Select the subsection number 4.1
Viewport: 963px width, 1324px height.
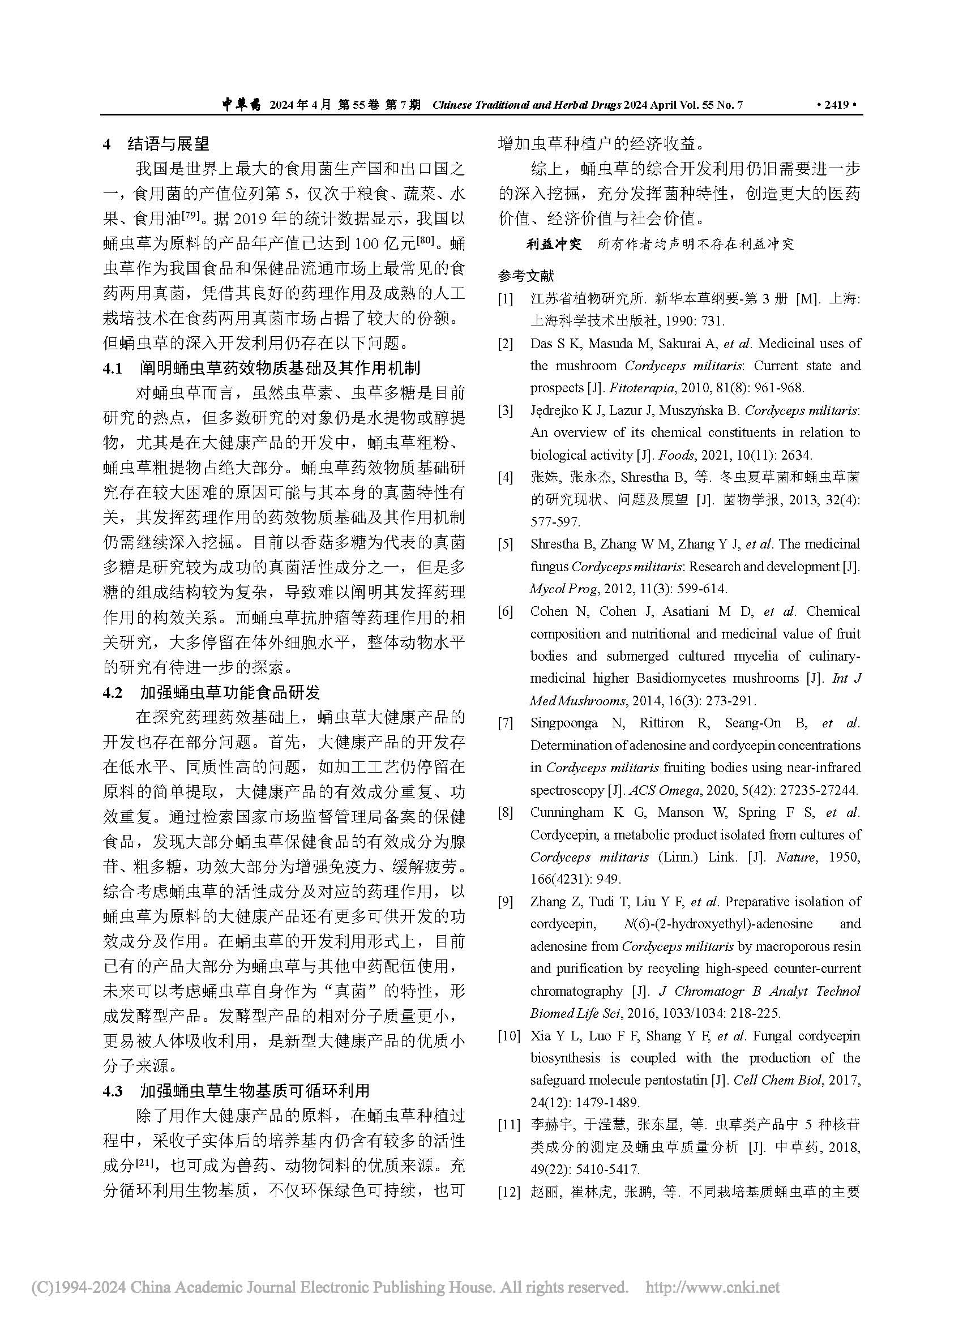(113, 369)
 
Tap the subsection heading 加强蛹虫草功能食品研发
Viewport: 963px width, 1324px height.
(230, 693)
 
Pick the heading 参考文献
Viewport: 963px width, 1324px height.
(525, 276)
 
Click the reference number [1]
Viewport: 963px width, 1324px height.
(505, 299)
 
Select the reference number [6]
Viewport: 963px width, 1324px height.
(505, 612)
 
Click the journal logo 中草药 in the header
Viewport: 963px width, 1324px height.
(243, 105)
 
